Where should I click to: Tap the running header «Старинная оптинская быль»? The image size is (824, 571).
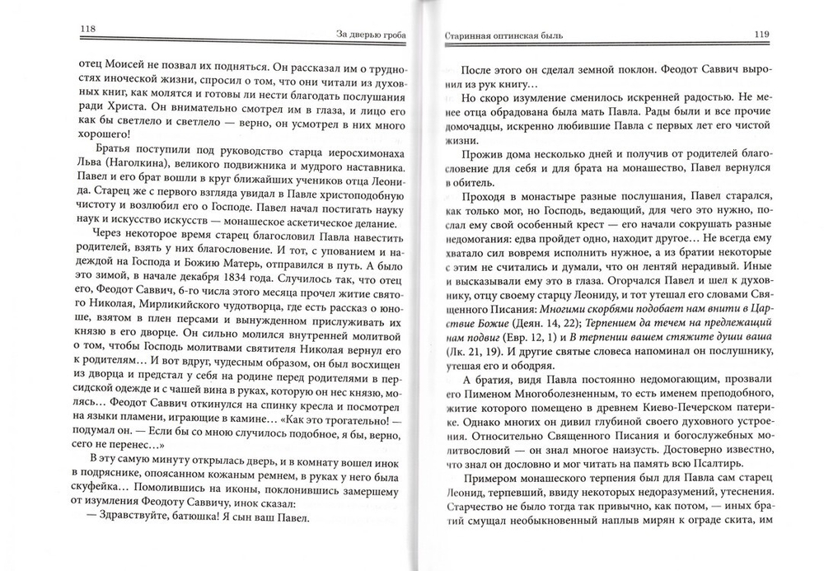tap(495, 35)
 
